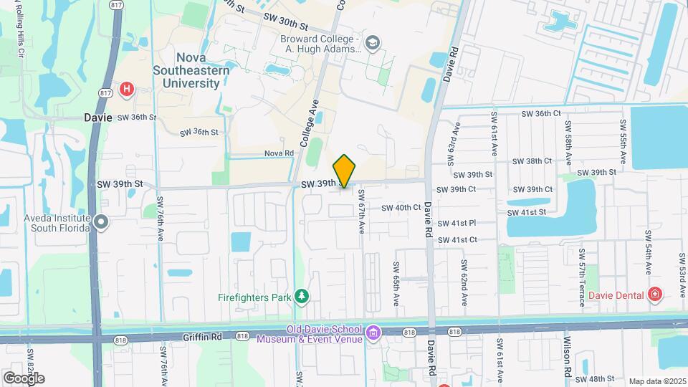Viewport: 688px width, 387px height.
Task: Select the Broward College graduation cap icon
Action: tap(372, 44)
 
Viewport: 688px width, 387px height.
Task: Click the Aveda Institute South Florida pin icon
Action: tap(101, 222)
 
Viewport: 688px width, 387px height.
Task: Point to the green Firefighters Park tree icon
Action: tap(302, 296)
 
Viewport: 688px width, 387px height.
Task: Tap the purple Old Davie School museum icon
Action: tap(373, 333)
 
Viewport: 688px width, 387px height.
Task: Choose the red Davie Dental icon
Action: tap(654, 294)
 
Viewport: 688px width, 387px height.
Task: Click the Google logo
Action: tap(24, 378)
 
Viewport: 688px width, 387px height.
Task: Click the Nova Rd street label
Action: tap(279, 153)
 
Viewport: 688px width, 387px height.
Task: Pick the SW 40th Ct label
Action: tap(401, 208)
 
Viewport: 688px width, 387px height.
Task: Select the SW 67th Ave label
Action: tap(362, 211)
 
